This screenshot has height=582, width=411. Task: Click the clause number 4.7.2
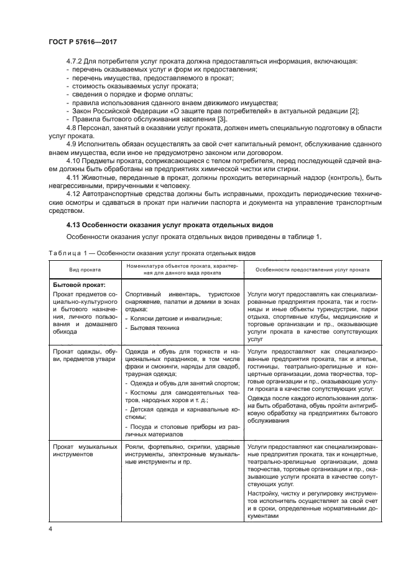(76, 62)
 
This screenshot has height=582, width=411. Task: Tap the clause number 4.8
(72, 127)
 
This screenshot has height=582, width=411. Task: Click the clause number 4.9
(72, 144)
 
